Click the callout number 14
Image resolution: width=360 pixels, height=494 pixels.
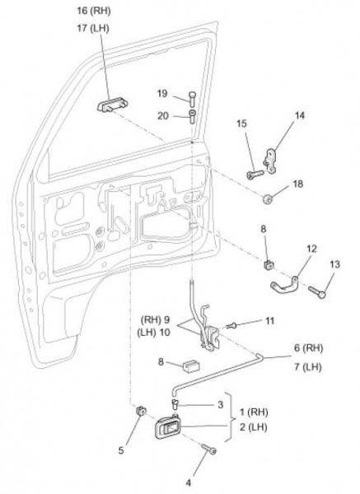pyautogui.click(x=300, y=115)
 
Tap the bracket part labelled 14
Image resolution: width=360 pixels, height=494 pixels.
pyautogui.click(x=269, y=161)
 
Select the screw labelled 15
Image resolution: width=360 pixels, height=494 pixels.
pyautogui.click(x=255, y=175)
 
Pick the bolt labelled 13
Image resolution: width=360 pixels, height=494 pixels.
pyautogui.click(x=317, y=292)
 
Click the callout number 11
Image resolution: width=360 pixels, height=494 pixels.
pyautogui.click(x=269, y=321)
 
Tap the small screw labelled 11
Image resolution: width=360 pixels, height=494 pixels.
pyautogui.click(x=231, y=325)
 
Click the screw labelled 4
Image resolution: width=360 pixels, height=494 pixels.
pyautogui.click(x=209, y=449)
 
